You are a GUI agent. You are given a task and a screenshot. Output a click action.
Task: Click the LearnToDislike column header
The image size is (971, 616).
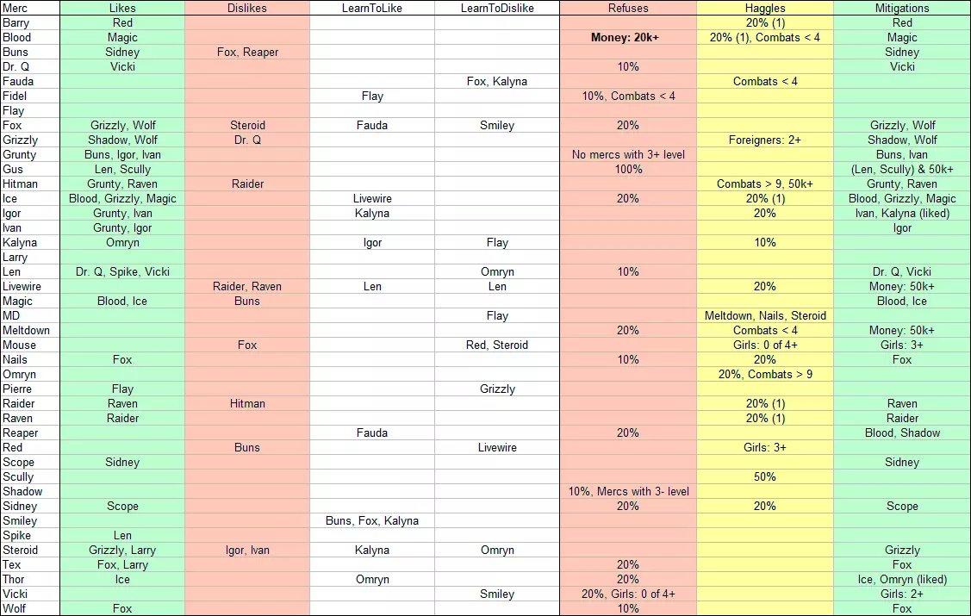coord(497,8)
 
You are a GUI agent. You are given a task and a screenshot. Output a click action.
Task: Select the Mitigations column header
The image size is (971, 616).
coord(902,8)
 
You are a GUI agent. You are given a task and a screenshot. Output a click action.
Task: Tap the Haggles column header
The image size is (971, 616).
coord(764,8)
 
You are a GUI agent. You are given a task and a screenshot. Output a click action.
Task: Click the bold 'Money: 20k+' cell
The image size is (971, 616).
coord(627,37)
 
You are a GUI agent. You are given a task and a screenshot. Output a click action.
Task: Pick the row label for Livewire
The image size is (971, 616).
coord(22,286)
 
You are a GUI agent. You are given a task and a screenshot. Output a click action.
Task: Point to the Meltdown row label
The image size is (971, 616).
coord(26,330)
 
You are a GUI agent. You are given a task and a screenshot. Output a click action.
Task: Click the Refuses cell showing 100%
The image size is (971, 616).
coord(627,169)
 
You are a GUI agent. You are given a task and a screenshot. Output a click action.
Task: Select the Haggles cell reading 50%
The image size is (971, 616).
coord(764,476)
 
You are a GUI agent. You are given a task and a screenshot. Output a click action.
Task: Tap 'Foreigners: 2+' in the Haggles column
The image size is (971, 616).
coord(764,140)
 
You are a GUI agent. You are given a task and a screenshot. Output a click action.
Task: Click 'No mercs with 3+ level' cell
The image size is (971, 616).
coord(627,154)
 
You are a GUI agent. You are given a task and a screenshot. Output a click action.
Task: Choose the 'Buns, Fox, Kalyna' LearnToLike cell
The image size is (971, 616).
coord(372,520)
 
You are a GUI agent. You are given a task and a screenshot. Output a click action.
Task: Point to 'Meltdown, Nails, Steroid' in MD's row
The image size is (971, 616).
coord(764,315)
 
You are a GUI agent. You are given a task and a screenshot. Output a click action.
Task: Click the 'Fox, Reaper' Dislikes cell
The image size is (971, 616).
coord(247,52)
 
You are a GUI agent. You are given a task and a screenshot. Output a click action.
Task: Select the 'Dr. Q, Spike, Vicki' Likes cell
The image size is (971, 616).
coord(122,271)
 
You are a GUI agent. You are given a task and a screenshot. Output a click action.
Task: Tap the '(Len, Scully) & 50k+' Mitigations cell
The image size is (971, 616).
coord(902,169)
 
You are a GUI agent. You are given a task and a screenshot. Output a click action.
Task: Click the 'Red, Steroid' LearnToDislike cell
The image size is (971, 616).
coord(497,345)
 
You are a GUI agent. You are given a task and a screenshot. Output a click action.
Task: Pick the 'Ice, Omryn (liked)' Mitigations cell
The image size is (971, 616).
coord(902,579)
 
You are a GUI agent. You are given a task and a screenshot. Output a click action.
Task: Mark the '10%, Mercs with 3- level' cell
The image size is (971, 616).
coord(627,491)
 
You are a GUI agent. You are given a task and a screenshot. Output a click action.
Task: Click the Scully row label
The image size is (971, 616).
coord(18,476)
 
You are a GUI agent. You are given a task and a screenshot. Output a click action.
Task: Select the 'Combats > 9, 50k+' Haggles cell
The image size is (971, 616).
coord(764,184)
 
